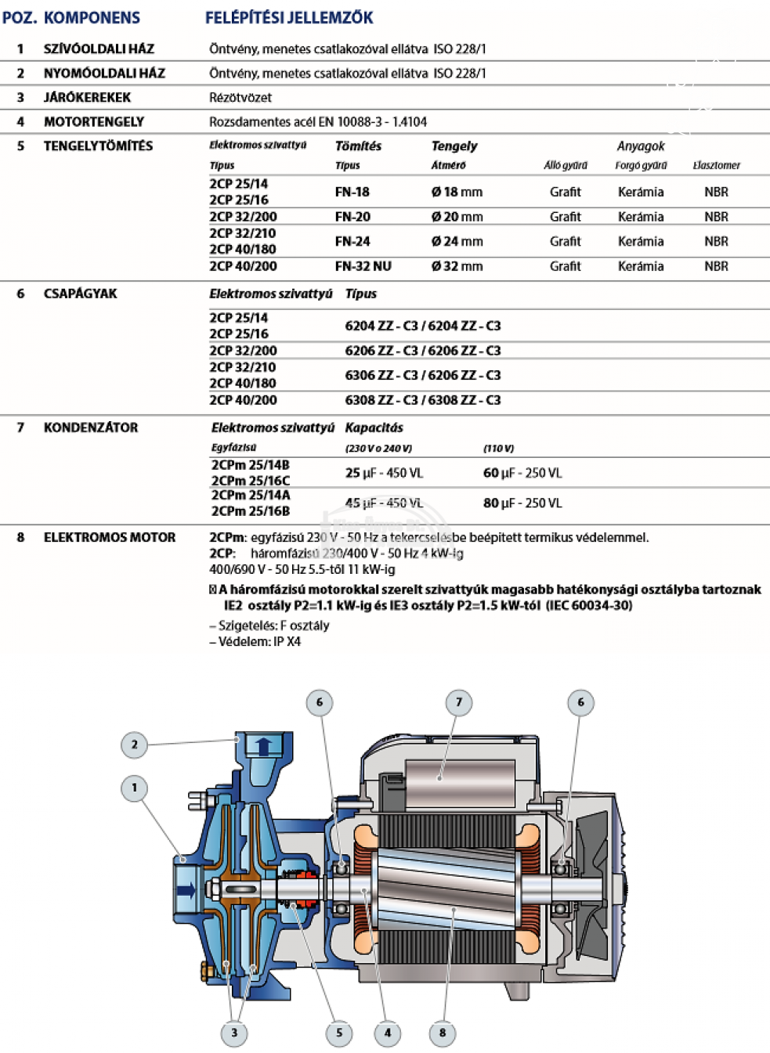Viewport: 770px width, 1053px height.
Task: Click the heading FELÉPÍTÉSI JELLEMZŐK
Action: pyautogui.click(x=289, y=17)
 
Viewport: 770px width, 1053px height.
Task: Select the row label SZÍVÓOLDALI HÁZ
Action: pyautogui.click(x=99, y=49)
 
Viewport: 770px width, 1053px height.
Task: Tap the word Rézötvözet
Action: pyautogui.click(x=240, y=97)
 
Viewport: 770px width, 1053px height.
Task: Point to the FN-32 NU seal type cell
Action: pyautogui.click(x=363, y=266)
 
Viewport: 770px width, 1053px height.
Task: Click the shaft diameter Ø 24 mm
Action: pyautogui.click(x=457, y=241)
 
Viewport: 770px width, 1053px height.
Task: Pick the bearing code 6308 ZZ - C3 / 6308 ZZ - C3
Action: pyautogui.click(x=422, y=400)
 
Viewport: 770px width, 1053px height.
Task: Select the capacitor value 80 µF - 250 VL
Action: pyautogui.click(x=522, y=503)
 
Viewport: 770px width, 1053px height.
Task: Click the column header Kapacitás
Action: pyautogui.click(x=374, y=427)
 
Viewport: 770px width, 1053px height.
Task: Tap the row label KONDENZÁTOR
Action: pyautogui.click(x=91, y=427)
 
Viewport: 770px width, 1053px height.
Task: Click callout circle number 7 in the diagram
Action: pyautogui.click(x=459, y=702)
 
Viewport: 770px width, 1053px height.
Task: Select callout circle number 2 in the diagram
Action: pyautogui.click(x=134, y=745)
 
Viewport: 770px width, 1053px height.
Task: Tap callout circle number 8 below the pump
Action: pyautogui.click(x=443, y=1033)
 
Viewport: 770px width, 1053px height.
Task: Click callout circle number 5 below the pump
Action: pyautogui.click(x=339, y=1033)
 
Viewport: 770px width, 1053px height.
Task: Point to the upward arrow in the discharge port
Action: pyautogui.click(x=264, y=745)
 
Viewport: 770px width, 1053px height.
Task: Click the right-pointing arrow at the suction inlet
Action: pyautogui.click(x=186, y=890)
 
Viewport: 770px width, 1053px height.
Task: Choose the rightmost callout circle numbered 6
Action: pyautogui.click(x=580, y=702)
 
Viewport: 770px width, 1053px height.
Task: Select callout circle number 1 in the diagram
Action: pyautogui.click(x=134, y=788)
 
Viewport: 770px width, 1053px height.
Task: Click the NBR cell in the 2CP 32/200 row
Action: pyautogui.click(x=716, y=217)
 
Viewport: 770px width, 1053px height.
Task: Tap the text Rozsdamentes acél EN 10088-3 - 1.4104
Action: pyautogui.click(x=318, y=121)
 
